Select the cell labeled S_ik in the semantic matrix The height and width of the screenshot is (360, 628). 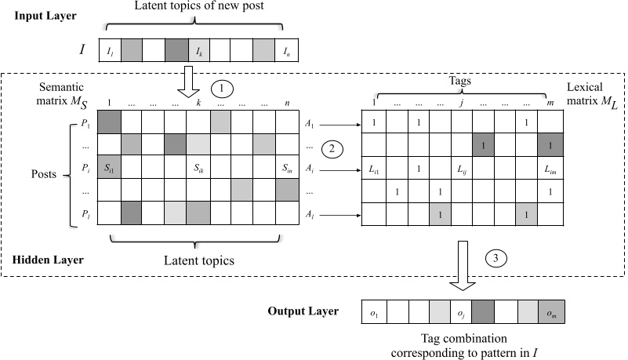(x=198, y=167)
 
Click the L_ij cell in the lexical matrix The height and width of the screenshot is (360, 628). (x=463, y=168)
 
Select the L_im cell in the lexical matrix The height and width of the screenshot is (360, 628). (x=551, y=168)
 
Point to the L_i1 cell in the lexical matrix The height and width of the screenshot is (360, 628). (x=375, y=168)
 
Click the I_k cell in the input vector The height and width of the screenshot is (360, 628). (x=198, y=51)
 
